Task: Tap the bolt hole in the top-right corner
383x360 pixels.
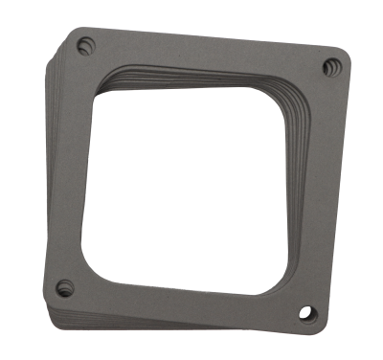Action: pos(331,66)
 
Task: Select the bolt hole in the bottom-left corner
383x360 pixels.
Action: pos(65,284)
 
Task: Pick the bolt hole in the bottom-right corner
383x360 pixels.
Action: pos(306,311)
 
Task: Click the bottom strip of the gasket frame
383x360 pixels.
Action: pos(182,297)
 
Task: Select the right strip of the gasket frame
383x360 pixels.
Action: pos(321,191)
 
